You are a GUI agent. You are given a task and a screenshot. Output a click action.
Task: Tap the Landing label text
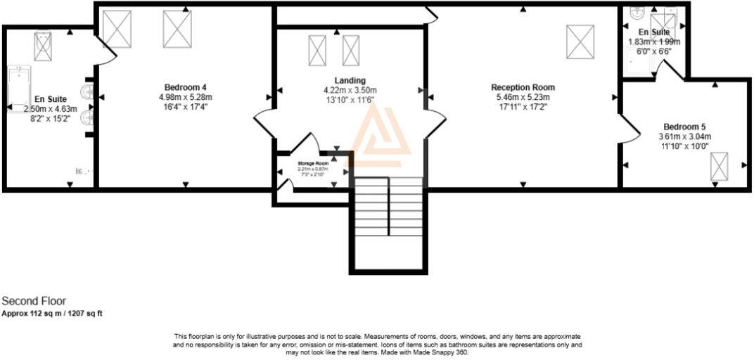tap(350, 80)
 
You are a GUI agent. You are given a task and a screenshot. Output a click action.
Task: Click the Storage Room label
tap(312, 163)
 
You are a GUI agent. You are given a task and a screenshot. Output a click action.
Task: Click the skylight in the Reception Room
tap(580, 41)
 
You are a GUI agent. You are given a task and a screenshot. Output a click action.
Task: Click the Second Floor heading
tap(34, 301)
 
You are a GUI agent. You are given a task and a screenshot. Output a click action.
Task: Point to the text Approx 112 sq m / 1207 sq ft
tap(52, 314)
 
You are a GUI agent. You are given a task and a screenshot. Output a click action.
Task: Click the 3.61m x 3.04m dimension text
tap(684, 136)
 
